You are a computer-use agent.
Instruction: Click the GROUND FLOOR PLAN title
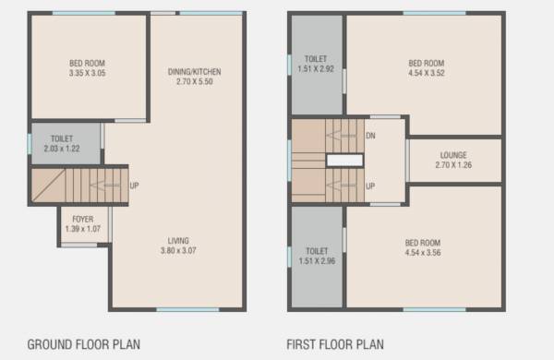[83, 345]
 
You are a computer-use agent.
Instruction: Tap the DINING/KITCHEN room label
[194, 71]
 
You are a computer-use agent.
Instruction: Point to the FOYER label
[82, 219]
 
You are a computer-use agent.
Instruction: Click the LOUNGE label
[453, 155]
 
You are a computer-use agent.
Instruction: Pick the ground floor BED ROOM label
[87, 64]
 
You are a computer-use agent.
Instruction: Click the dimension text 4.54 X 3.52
[427, 74]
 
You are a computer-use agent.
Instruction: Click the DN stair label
[371, 136]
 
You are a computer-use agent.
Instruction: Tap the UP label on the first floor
[371, 186]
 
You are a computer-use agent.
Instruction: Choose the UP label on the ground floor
[134, 184]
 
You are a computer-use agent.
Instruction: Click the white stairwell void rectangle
[344, 161]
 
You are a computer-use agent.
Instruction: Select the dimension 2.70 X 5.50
[194, 81]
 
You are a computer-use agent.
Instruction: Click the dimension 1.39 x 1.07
[82, 229]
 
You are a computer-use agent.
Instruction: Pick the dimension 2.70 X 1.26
[453, 165]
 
